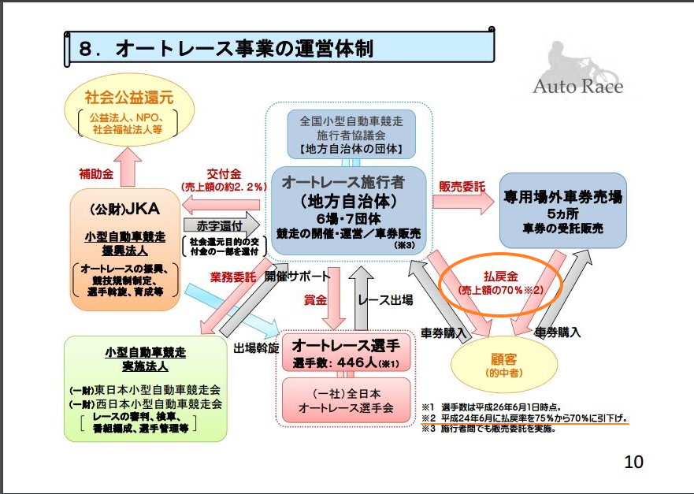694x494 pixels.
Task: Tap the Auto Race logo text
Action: coord(577,86)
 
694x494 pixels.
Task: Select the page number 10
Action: coord(633,462)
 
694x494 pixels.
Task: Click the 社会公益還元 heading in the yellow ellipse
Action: coord(129,98)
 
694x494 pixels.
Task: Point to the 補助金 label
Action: coord(96,173)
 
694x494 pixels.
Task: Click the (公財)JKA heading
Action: coord(124,209)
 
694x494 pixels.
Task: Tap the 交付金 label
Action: coord(224,174)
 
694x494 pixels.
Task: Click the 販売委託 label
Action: coord(462,187)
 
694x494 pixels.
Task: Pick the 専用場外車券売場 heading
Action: coord(562,197)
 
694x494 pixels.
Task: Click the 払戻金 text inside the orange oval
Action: coord(500,277)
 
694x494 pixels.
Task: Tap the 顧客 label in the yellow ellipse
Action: coord(503,358)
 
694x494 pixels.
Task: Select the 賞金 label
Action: coord(315,300)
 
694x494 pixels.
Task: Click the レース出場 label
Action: coord(385,300)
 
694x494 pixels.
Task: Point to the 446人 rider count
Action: coord(357,363)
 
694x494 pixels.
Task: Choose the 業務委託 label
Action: coord(233,277)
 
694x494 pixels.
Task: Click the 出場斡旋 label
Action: coord(256,348)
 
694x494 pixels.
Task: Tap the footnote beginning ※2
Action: coord(525,418)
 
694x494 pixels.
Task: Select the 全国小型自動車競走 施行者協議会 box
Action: coord(351,135)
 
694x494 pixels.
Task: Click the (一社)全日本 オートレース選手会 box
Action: coord(346,400)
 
